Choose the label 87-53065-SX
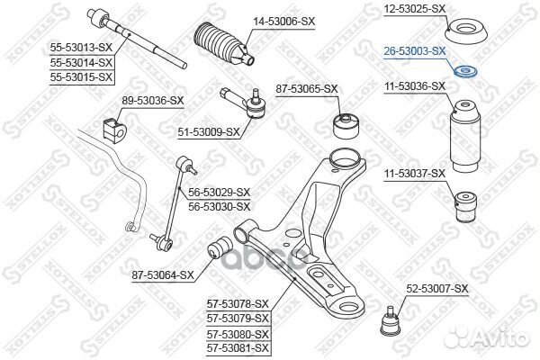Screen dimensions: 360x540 [307, 88]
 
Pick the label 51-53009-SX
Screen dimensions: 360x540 [209, 132]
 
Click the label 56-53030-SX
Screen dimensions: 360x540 [219, 206]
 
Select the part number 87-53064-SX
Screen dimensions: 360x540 [162, 274]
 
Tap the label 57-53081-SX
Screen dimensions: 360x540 [238, 347]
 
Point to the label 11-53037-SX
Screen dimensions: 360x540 [414, 172]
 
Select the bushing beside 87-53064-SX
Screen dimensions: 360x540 [220, 248]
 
